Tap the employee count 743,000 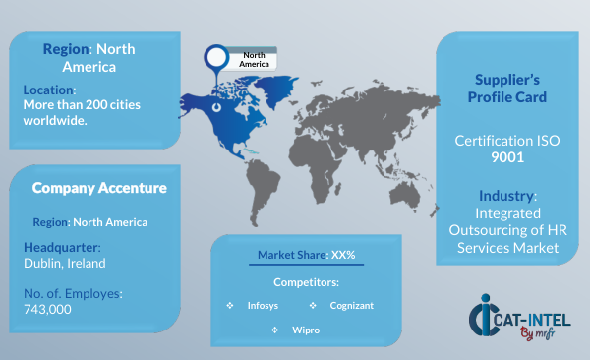click(x=47, y=309)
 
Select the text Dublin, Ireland click(x=65, y=263)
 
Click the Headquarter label click(x=62, y=248)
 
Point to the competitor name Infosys click(x=263, y=305)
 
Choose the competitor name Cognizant click(x=352, y=305)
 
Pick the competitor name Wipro click(x=306, y=330)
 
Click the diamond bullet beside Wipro click(x=275, y=330)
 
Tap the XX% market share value click(x=343, y=255)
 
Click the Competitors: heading click(x=306, y=282)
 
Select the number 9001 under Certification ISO click(x=507, y=157)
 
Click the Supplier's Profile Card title click(x=507, y=89)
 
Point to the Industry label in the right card click(x=506, y=196)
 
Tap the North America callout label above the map click(x=254, y=59)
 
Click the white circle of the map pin click(x=216, y=57)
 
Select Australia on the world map click(x=404, y=194)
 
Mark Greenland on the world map click(x=276, y=89)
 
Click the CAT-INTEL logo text click(x=532, y=321)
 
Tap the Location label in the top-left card click(x=50, y=90)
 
